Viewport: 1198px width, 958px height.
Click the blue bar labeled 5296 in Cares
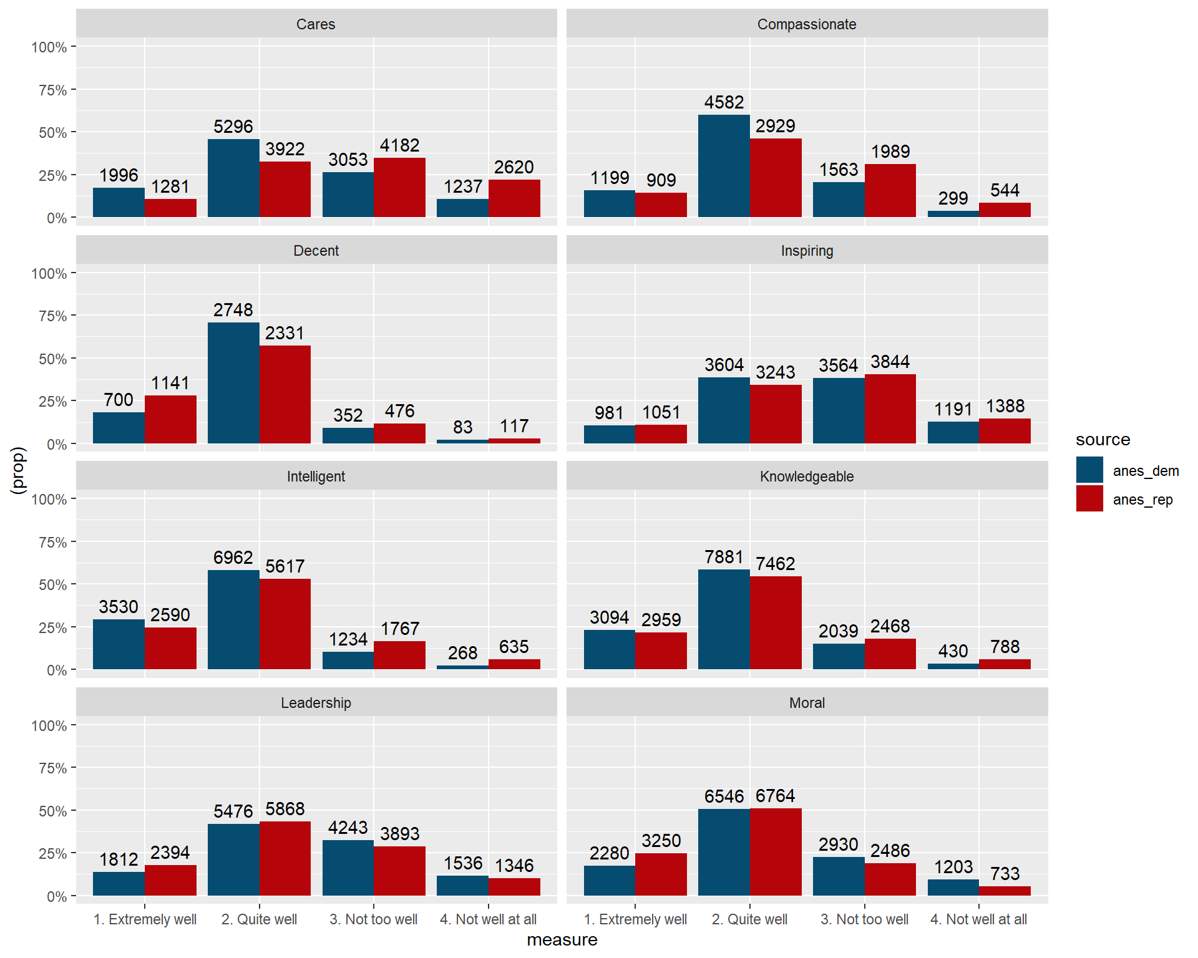click(x=233, y=178)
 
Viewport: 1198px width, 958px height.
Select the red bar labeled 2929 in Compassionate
click(x=776, y=178)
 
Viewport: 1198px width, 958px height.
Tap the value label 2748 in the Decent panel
click(x=233, y=310)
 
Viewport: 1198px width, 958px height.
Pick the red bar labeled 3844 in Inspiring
click(x=890, y=409)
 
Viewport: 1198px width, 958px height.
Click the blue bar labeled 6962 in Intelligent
click(x=233, y=619)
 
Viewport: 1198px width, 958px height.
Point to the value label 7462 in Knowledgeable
click(x=776, y=564)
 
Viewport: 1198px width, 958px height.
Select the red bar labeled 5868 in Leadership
click(x=285, y=858)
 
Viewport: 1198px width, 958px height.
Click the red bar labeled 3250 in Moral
click(x=661, y=874)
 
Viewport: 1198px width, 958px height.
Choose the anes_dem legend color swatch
click(x=1089, y=470)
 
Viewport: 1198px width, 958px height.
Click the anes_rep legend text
click(x=1142, y=500)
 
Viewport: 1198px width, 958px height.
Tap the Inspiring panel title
click(x=807, y=251)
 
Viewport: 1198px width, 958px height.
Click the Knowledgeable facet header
click(x=807, y=477)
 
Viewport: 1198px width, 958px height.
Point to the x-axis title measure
click(x=562, y=940)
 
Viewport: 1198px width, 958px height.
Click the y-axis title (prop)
click(x=19, y=470)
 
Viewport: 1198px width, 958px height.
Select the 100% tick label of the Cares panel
click(x=49, y=47)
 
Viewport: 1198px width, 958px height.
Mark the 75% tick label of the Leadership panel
click(x=52, y=768)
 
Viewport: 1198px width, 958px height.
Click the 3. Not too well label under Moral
click(x=864, y=919)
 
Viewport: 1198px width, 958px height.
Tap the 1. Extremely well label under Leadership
click(x=145, y=919)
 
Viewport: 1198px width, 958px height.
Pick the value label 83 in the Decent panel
click(x=462, y=427)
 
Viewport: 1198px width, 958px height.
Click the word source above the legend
click(x=1103, y=440)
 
